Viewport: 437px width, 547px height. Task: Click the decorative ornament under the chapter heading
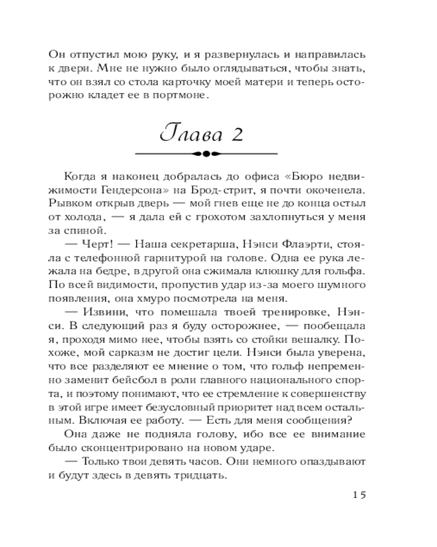click(x=206, y=154)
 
